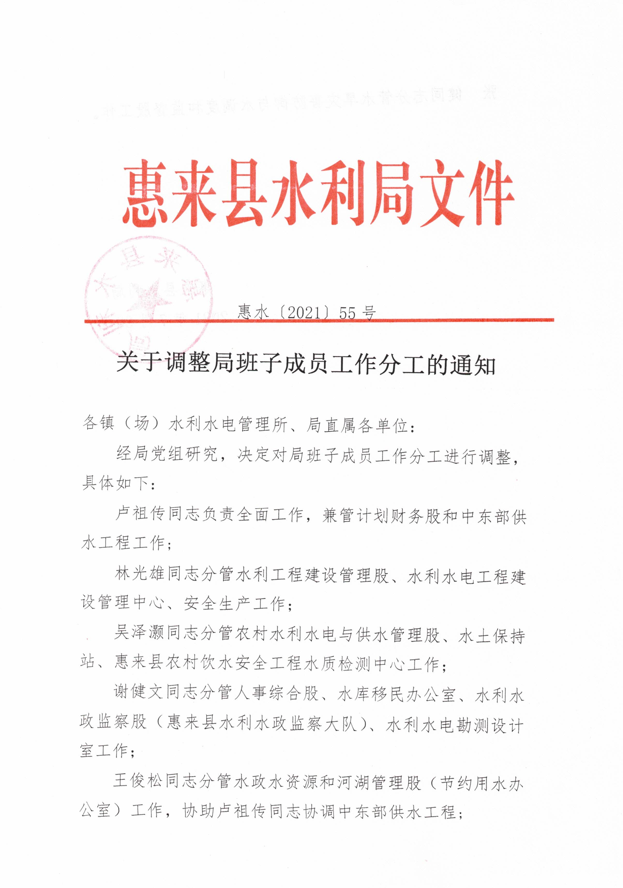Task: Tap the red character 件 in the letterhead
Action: coord(487,193)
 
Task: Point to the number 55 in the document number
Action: coord(347,313)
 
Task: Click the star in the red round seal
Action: coord(149,298)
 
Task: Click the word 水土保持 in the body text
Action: coord(492,635)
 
